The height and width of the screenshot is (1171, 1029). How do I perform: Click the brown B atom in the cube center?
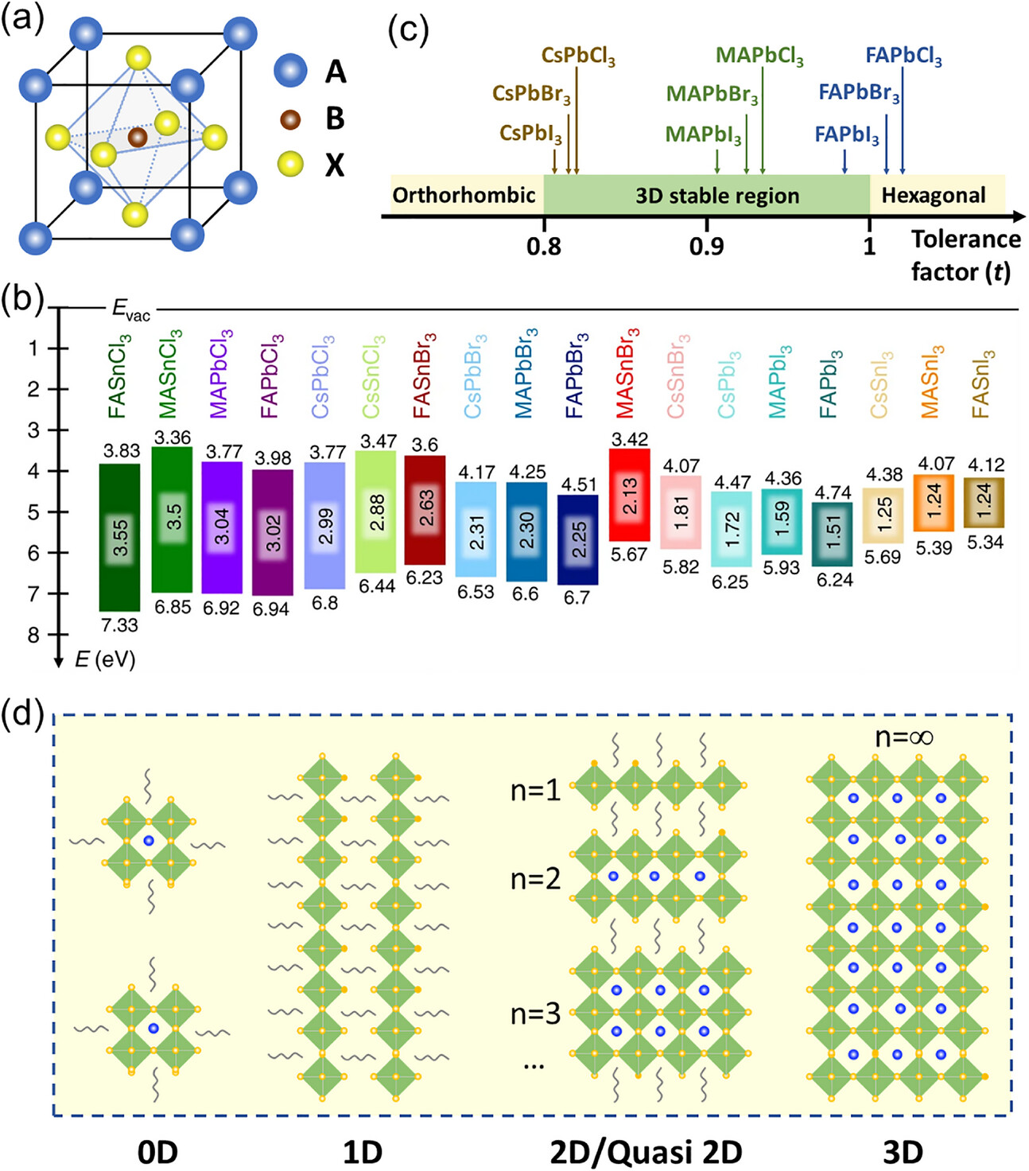click(x=138, y=137)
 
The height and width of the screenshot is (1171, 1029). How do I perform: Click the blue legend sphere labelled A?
click(x=290, y=71)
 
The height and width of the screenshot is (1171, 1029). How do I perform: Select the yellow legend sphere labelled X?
click(x=290, y=164)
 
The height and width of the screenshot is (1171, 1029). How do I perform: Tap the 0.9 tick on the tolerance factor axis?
click(x=706, y=245)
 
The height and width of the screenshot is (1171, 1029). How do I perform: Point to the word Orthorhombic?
click(x=464, y=196)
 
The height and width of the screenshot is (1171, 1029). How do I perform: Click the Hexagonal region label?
click(x=933, y=196)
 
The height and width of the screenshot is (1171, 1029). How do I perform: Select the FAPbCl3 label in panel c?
click(x=903, y=56)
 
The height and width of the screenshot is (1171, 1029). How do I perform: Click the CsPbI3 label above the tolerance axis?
click(x=530, y=134)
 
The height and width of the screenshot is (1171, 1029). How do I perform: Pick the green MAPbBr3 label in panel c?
click(x=712, y=95)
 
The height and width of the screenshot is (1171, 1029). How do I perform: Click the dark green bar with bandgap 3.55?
click(x=119, y=537)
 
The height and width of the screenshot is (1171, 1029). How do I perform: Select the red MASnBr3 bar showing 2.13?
click(x=629, y=495)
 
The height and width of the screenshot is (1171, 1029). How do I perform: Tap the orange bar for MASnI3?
click(x=934, y=502)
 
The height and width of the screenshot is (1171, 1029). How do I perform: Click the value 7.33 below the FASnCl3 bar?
click(x=119, y=625)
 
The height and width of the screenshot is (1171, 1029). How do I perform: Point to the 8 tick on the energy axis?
click(x=33, y=635)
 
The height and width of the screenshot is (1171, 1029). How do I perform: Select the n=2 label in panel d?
click(x=535, y=879)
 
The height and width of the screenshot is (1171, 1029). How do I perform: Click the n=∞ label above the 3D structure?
click(x=903, y=737)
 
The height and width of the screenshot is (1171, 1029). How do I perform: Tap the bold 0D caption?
click(x=157, y=1152)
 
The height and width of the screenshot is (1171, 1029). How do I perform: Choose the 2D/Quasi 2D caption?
click(x=646, y=1152)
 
